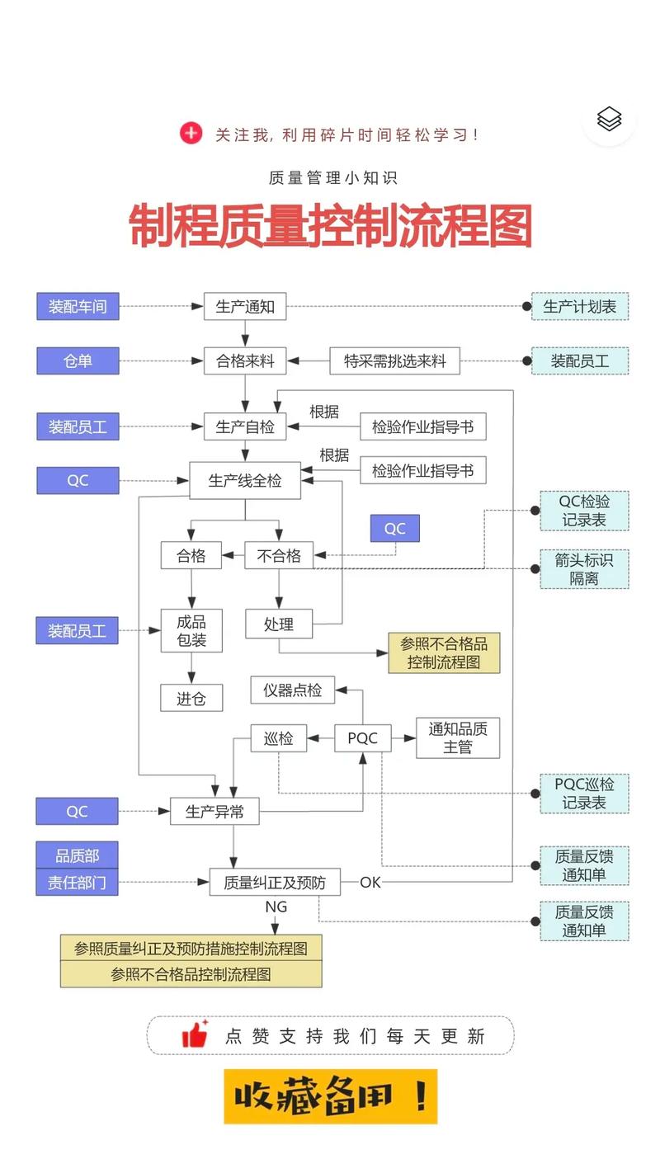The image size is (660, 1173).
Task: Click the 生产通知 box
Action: coord(245,307)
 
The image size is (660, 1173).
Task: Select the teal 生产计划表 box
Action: coord(580,307)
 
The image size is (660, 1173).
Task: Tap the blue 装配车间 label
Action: coord(78,307)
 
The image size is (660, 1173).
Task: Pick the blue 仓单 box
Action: coord(78,360)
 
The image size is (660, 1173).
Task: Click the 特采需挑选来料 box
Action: coord(395,360)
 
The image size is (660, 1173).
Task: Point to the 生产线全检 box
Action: coord(245,480)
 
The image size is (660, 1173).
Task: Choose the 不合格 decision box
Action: coord(279,555)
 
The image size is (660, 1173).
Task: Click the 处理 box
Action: coord(279,624)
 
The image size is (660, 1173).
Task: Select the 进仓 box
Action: coord(191,699)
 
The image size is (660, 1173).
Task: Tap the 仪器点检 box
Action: coord(293,690)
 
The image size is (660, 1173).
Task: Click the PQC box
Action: coord(362,737)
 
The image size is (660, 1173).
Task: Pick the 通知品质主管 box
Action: coord(458,737)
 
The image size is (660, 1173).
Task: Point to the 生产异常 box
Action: coord(214,812)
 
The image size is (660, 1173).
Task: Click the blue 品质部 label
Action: coord(78,855)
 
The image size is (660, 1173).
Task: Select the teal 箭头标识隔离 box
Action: coord(584,569)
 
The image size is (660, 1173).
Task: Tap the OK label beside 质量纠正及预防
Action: coord(370,883)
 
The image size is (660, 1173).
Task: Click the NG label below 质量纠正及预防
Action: coord(276,907)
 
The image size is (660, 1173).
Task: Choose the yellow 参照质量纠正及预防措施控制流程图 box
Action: coord(191,948)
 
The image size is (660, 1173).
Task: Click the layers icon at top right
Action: coord(609,119)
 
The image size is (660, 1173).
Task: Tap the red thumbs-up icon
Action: coord(195,1034)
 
